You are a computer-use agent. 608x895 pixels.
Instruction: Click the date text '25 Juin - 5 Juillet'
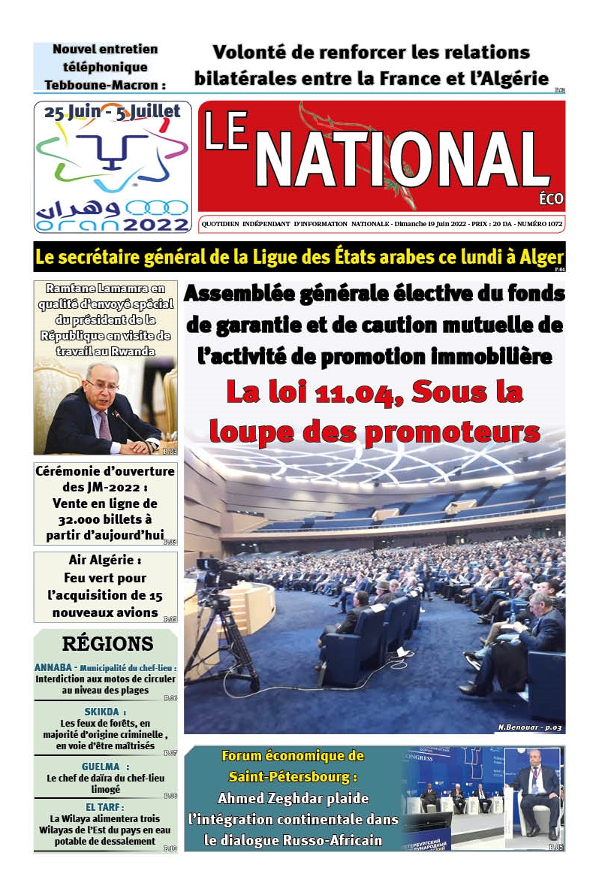coord(113,112)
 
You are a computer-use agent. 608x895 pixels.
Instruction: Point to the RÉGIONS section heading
coord(107,643)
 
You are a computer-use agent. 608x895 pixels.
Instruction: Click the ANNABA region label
coord(56,667)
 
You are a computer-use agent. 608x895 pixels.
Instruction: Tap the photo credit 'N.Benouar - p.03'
coord(529,727)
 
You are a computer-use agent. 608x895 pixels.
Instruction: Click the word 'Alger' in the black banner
coord(537,257)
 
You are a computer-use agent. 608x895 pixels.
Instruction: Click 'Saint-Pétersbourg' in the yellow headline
coord(293,776)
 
